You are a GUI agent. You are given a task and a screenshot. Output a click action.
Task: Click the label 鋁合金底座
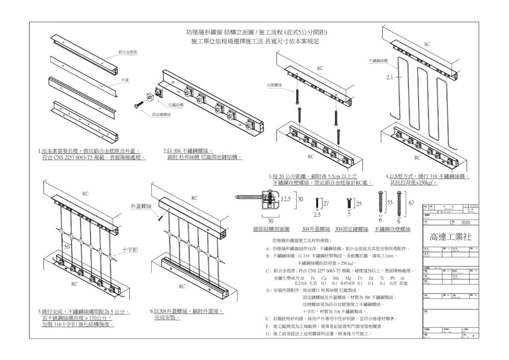128,52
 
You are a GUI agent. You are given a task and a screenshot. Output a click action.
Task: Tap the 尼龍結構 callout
176,105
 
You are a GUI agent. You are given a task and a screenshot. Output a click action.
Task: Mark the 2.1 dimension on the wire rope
390,78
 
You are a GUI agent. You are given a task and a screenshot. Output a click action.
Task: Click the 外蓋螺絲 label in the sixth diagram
140,205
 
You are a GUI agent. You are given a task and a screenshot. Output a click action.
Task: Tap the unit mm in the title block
466,223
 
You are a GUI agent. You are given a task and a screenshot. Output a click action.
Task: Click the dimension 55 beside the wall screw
389,203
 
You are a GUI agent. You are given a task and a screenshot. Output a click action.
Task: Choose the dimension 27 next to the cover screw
326,203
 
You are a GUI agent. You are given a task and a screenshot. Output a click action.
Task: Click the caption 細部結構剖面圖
271,229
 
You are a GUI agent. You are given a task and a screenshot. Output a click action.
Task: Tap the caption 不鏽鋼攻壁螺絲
392,229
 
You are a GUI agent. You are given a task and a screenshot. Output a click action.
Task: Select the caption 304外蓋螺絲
316,229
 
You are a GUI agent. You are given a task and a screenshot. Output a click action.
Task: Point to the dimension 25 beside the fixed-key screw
359,204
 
